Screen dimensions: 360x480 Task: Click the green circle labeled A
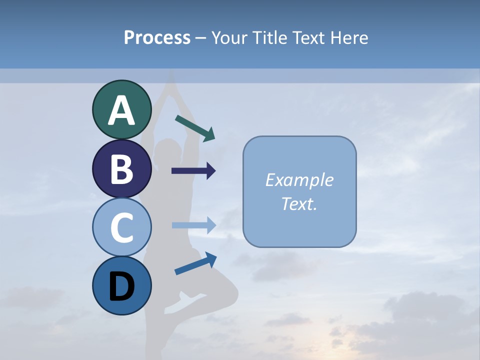[121, 109]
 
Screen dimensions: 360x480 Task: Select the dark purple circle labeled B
[121, 168]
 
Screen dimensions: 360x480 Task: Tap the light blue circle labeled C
[121, 227]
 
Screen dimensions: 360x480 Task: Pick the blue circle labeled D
[121, 285]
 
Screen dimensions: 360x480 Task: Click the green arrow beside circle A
[195, 128]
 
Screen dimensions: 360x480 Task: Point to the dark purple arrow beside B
[193, 171]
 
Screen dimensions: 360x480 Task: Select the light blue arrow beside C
[194, 225]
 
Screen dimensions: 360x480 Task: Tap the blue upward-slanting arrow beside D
[195, 263]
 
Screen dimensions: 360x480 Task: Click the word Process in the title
[157, 38]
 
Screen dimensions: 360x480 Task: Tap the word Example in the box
[299, 180]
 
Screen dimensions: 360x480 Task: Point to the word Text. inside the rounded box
[299, 203]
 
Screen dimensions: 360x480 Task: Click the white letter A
[121, 110]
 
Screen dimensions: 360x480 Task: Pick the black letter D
[121, 286]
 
